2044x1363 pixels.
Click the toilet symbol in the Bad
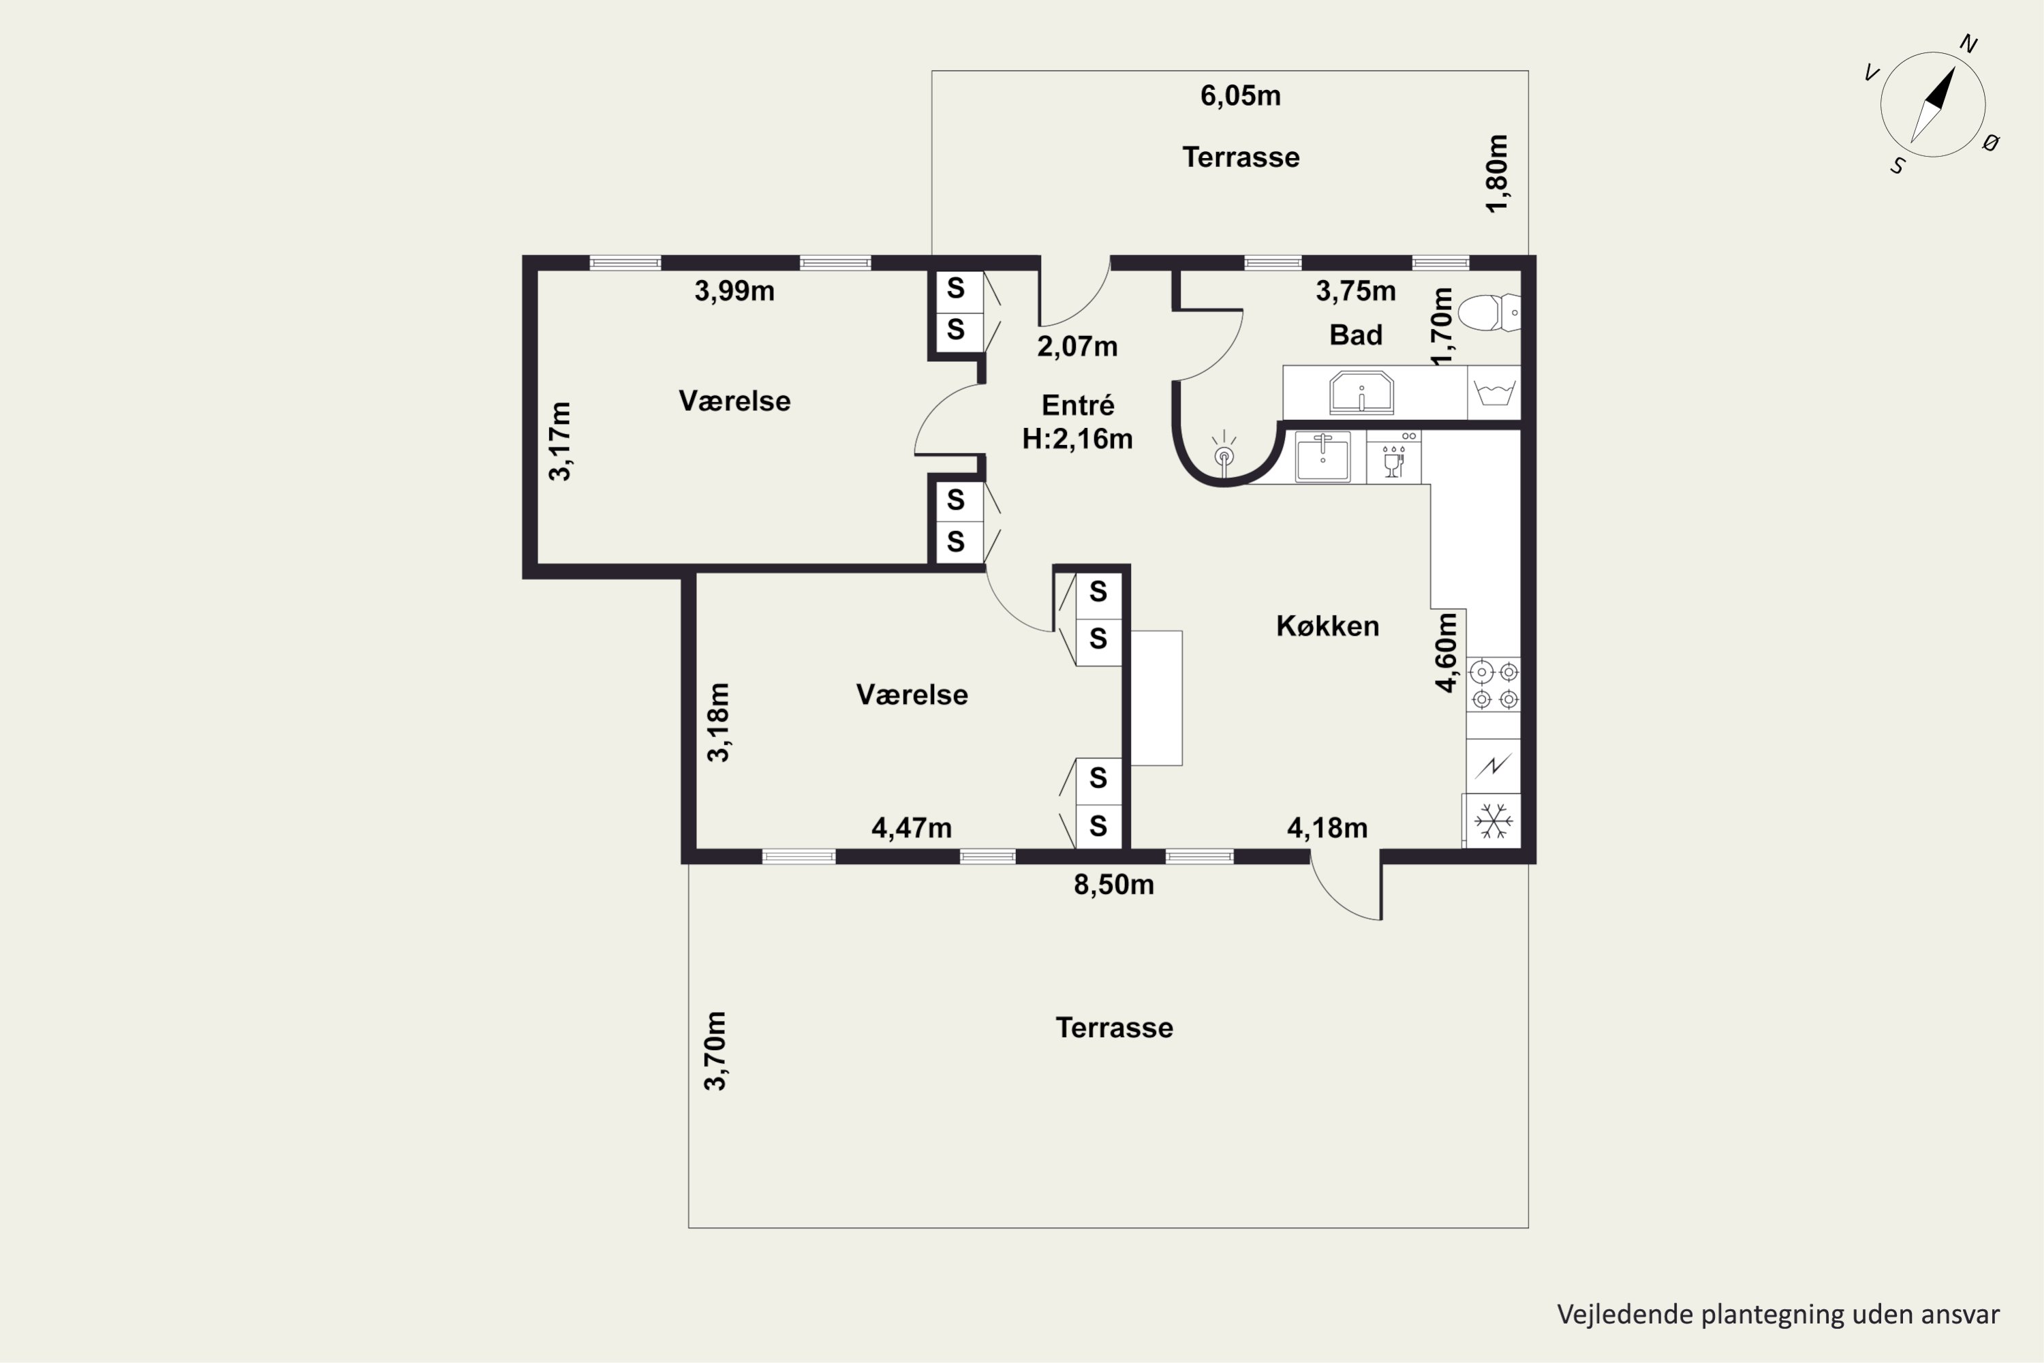point(1489,313)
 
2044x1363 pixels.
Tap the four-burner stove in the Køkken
point(1494,685)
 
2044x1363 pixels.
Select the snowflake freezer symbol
point(1494,821)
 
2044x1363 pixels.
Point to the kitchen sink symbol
point(1322,457)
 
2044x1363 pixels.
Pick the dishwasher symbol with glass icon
point(1394,457)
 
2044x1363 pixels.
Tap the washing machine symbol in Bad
point(1494,393)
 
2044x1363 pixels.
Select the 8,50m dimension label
point(1114,885)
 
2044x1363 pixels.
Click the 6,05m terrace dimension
point(1240,95)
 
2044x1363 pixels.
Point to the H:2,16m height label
point(1078,439)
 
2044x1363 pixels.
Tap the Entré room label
point(1078,405)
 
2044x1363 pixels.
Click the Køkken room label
point(1327,626)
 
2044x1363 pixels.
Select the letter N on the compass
point(1968,44)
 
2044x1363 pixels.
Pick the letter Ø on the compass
point(1991,142)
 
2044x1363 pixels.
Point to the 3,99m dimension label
point(734,291)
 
